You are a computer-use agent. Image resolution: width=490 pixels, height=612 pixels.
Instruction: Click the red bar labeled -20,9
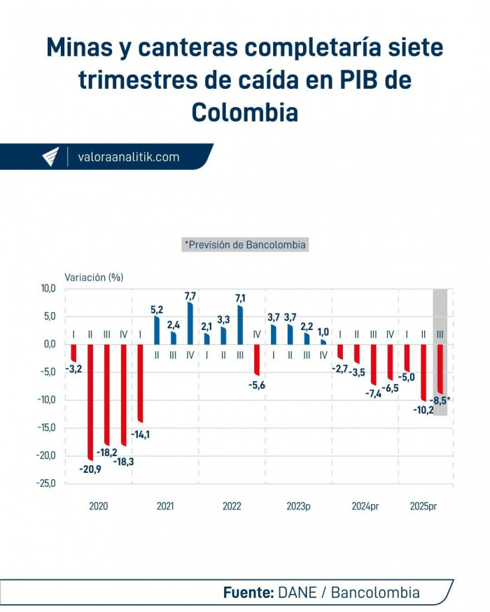point(90,401)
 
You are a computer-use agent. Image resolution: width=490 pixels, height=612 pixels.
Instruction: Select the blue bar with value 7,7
point(190,323)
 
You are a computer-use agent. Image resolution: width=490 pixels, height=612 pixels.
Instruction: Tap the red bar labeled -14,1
point(140,383)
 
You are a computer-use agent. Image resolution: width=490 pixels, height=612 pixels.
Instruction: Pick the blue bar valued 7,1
point(241,325)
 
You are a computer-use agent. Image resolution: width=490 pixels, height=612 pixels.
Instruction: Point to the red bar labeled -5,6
point(257,360)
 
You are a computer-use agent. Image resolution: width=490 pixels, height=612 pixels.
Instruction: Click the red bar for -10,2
point(423,371)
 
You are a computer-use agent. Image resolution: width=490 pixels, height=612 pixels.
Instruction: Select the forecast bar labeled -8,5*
point(440,369)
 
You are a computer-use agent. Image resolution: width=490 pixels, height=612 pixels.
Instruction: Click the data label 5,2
point(157,309)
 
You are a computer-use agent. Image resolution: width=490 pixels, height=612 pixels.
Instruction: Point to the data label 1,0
point(323,332)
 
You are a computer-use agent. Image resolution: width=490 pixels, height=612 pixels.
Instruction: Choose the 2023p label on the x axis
point(298,506)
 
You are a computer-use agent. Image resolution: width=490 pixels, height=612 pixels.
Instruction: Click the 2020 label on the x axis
point(99,506)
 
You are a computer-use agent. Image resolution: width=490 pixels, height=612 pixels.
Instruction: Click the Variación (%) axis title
point(94,277)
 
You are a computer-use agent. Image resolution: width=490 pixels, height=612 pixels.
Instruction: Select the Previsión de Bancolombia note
point(245,245)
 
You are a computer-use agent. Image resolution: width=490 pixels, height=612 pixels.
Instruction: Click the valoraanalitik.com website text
point(129,157)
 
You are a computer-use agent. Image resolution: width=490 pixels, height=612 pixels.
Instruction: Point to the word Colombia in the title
point(245,112)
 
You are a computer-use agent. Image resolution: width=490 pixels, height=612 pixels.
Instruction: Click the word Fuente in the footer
point(248,592)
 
